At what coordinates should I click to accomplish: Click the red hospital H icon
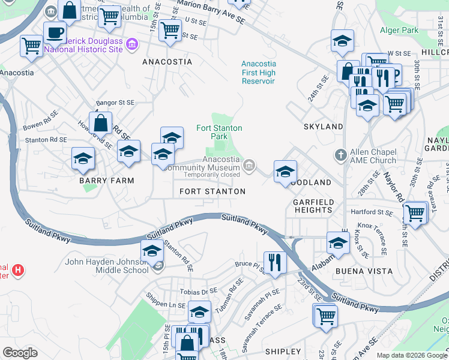[18, 270]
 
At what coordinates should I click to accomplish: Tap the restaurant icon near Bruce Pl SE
[275, 262]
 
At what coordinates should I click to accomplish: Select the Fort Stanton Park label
[219, 132]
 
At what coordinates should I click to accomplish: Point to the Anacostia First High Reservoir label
[259, 73]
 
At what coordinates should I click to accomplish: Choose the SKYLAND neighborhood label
[323, 127]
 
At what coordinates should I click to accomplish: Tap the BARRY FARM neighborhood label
[106, 180]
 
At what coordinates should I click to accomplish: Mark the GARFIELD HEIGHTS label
[313, 206]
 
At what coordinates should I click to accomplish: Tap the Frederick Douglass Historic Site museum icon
[132, 44]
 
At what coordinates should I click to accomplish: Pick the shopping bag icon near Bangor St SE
[101, 123]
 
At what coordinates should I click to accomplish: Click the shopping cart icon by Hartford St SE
[415, 212]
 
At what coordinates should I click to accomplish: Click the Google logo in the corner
[20, 352]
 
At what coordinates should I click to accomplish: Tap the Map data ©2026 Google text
[412, 355]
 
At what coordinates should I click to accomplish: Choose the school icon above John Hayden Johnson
[152, 250]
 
